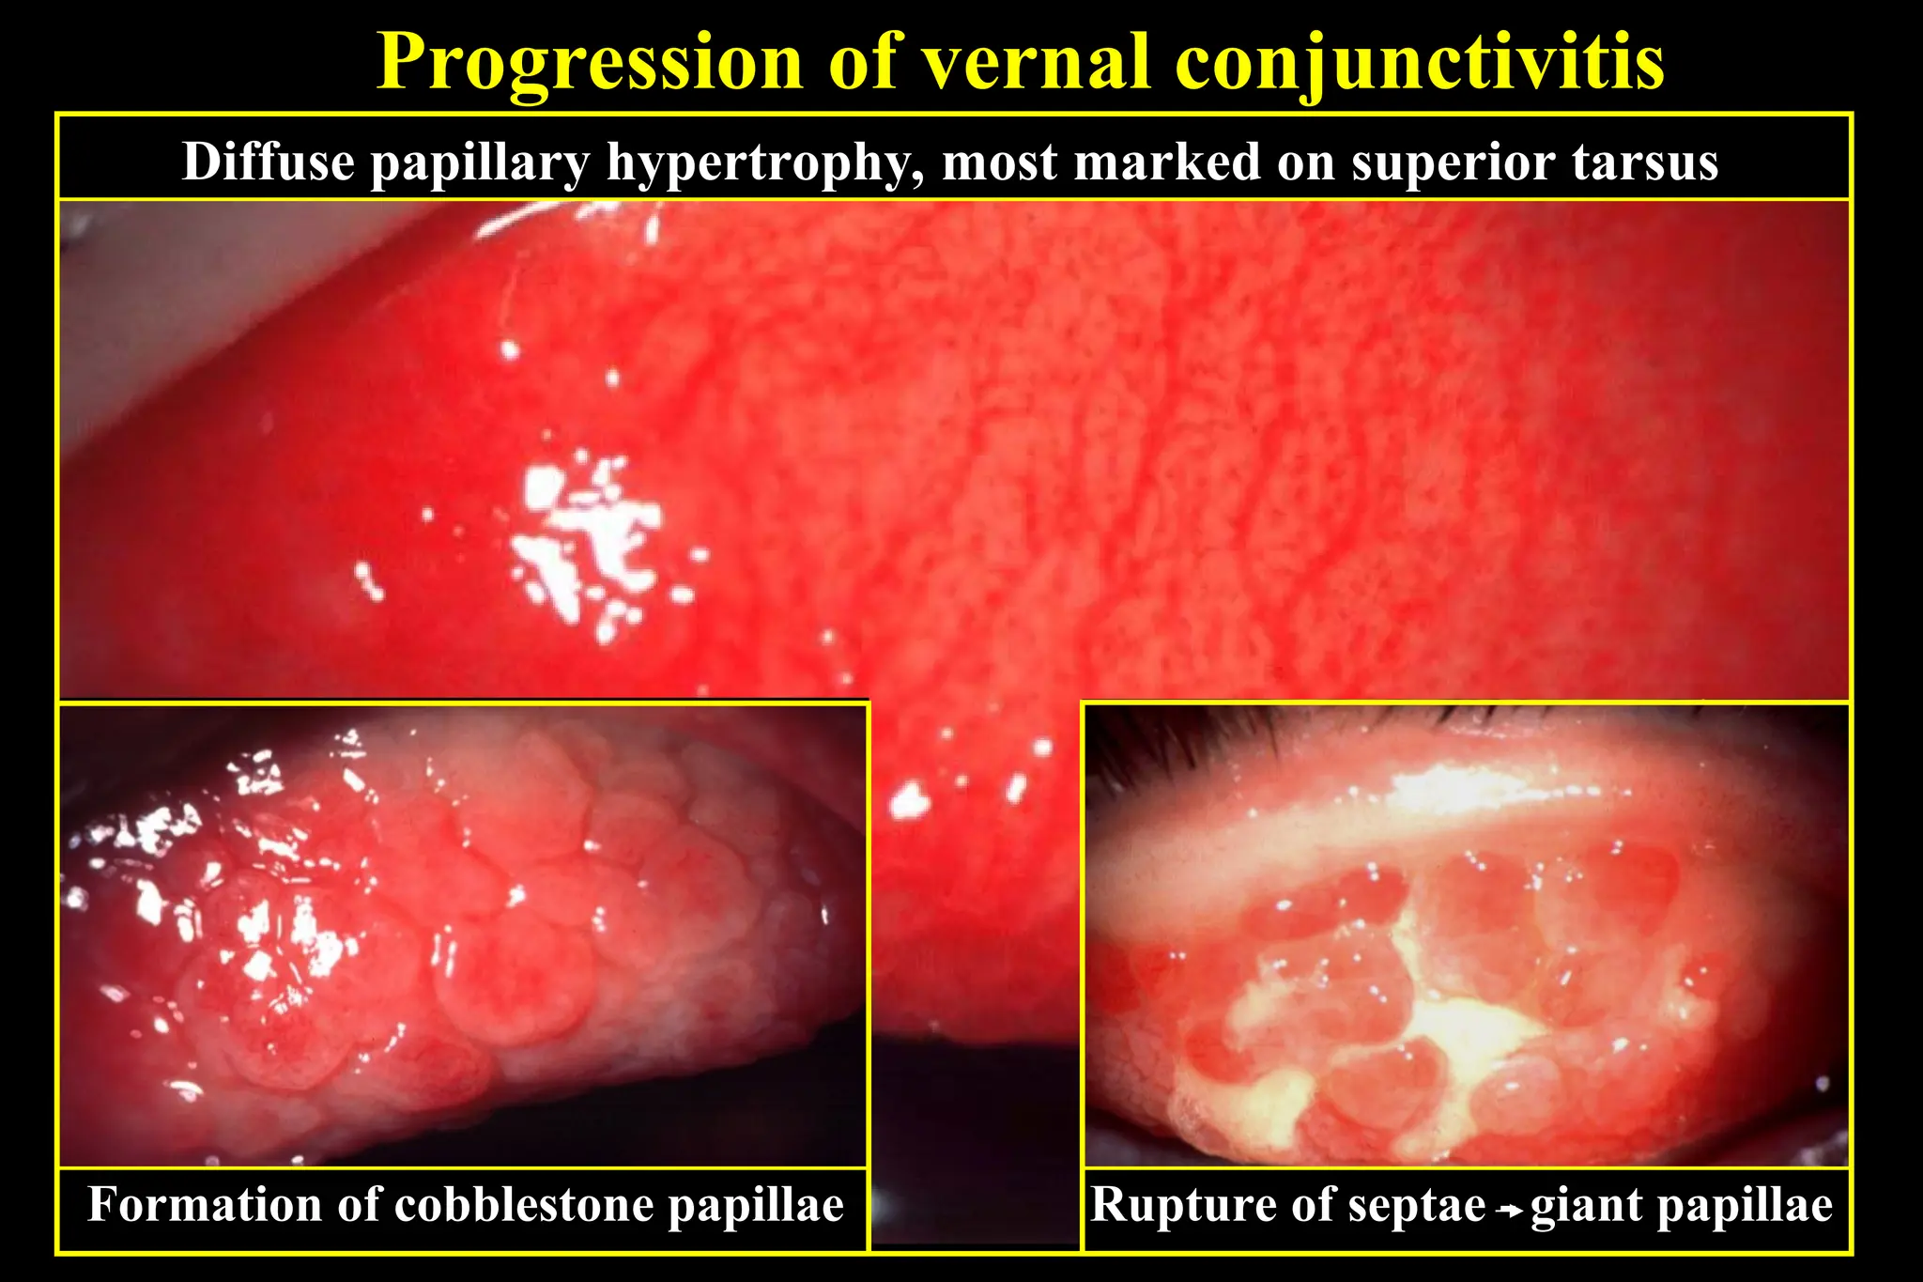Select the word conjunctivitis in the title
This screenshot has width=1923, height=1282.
(x=1419, y=64)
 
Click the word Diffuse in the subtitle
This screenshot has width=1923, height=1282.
(x=268, y=162)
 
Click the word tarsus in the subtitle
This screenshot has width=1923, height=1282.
(x=1644, y=162)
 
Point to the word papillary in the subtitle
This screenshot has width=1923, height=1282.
(x=479, y=163)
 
